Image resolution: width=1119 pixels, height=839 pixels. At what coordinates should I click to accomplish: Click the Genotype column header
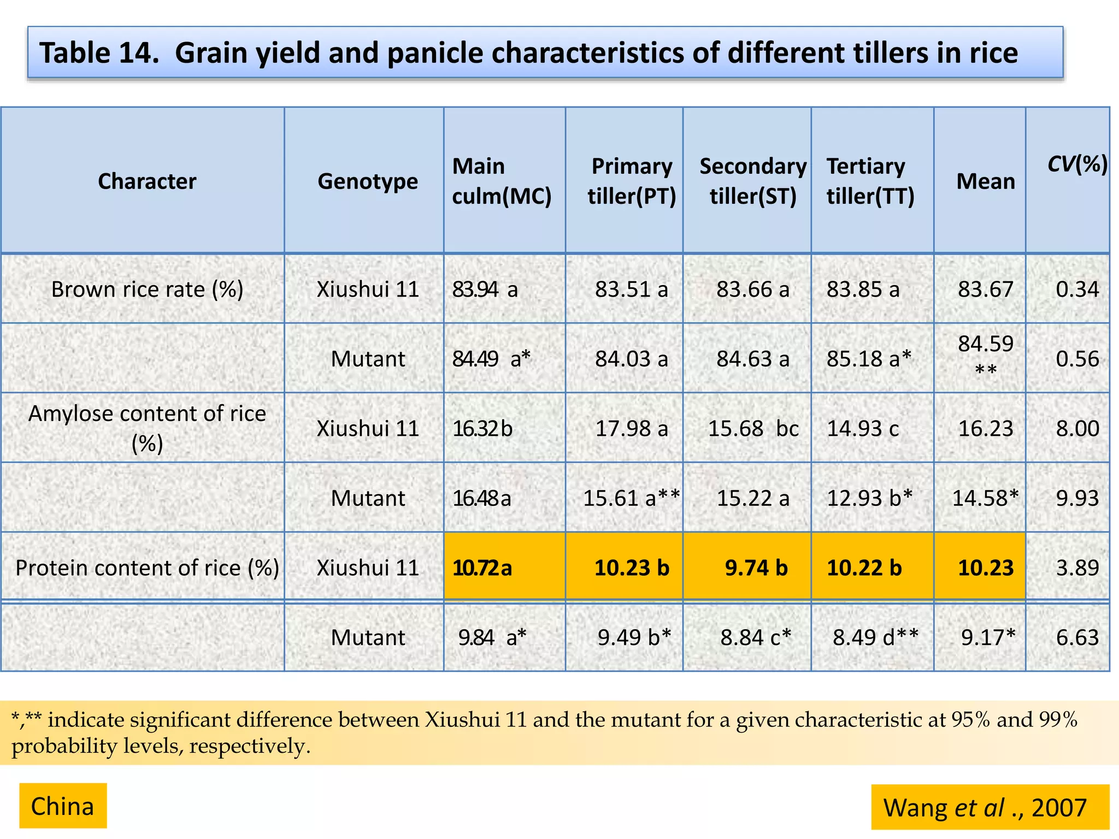(368, 181)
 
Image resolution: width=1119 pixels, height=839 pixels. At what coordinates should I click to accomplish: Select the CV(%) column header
(1077, 164)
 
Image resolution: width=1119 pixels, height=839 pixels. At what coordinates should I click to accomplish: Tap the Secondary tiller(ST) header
(753, 181)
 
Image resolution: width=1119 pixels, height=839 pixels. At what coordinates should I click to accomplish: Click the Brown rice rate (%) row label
(147, 289)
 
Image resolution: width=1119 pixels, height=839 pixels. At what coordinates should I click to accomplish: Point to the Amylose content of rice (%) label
(147, 428)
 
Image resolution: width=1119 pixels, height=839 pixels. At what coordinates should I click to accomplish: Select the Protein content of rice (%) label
(147, 568)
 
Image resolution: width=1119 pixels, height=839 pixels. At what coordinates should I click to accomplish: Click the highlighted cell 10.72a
(482, 568)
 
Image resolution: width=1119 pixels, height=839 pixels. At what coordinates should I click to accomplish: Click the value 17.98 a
(632, 429)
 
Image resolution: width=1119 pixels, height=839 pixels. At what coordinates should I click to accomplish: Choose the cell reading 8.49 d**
(875, 637)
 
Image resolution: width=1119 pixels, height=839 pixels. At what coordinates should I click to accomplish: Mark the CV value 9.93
(1077, 498)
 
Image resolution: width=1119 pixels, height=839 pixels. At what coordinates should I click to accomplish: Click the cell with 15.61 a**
(631, 498)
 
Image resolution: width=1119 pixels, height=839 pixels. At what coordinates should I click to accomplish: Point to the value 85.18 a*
(869, 359)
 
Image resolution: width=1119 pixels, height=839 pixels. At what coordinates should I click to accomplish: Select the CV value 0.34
(1077, 289)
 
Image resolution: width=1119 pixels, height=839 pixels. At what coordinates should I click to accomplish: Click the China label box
(63, 806)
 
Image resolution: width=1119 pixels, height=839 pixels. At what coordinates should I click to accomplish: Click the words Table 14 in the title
(99, 54)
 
